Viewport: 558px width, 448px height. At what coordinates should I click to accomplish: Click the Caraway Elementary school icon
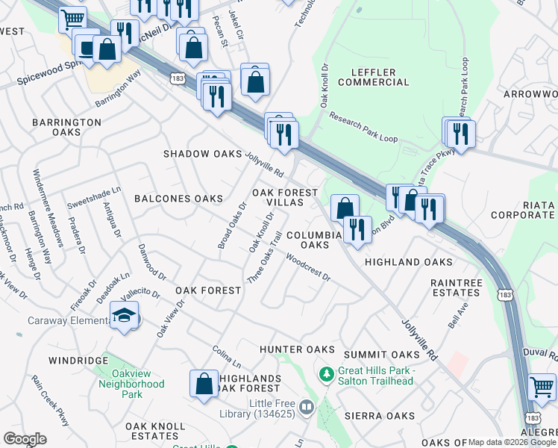tap(125, 317)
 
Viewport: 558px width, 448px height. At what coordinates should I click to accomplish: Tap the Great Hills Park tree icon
tap(325, 372)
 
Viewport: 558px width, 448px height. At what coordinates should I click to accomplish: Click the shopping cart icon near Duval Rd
tap(542, 387)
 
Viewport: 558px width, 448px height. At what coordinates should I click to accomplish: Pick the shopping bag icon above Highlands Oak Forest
tap(204, 384)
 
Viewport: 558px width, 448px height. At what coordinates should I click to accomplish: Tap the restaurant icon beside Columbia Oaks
tap(358, 230)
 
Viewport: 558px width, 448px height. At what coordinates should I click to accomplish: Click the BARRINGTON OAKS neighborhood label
tap(66, 127)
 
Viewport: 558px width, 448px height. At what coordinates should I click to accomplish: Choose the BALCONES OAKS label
tap(178, 199)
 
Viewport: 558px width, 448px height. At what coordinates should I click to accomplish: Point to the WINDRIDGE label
tap(78, 361)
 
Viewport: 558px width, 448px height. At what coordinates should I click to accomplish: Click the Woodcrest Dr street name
tap(308, 270)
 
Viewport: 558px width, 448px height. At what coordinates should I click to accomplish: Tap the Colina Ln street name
tap(227, 355)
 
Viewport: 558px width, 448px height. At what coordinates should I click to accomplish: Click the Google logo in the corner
tap(25, 439)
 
